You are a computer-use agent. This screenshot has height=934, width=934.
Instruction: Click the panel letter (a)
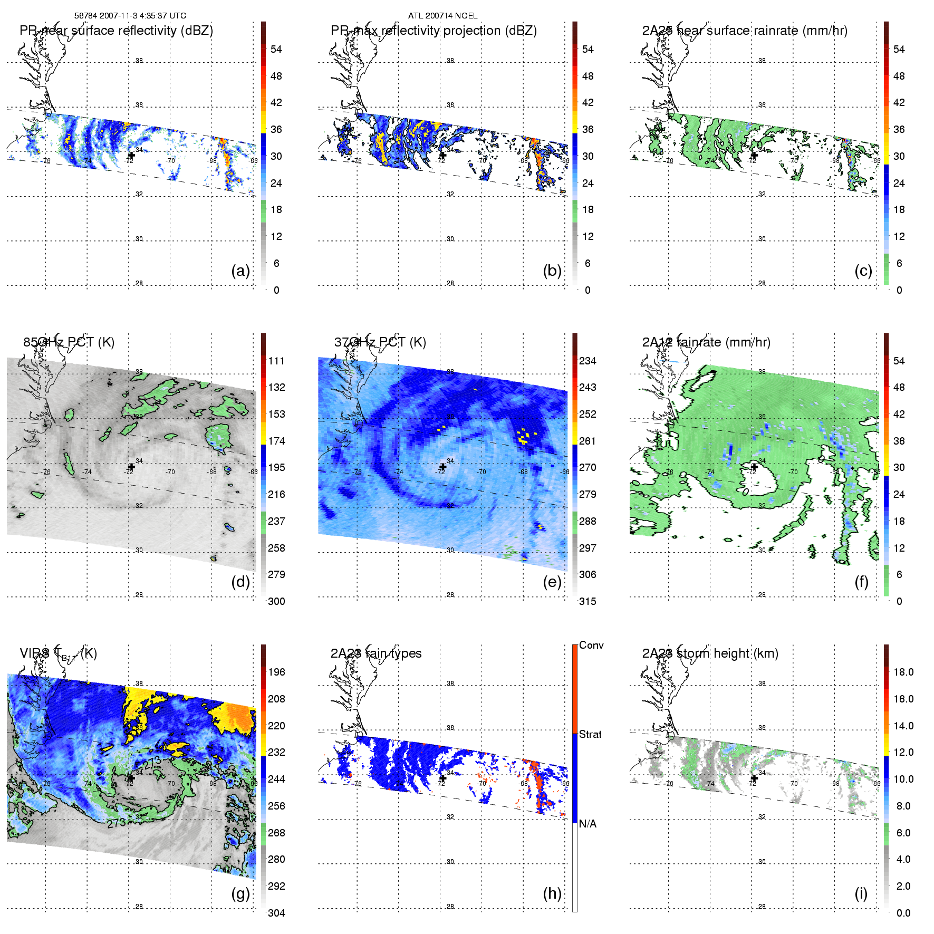point(240,271)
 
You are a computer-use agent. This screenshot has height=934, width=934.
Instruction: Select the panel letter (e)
point(552,582)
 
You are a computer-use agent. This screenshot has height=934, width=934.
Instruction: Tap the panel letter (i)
point(861,893)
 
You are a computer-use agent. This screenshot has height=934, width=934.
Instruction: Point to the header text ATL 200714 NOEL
point(442,16)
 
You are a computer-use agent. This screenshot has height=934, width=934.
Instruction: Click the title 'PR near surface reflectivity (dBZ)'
point(116,31)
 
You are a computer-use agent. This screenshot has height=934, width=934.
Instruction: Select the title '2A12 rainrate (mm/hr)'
point(706,342)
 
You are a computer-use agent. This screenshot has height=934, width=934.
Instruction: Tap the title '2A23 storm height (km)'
point(710,653)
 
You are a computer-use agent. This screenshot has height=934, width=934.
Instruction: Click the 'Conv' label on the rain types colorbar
point(591,645)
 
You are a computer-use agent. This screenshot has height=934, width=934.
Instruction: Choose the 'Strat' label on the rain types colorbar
point(590,734)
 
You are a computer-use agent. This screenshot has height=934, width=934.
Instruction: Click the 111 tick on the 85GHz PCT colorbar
point(276,361)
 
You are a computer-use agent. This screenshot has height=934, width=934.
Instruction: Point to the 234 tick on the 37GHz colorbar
point(588,361)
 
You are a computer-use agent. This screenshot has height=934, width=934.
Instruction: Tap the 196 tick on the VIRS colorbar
point(276,672)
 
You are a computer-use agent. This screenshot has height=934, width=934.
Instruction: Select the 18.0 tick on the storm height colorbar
point(903,672)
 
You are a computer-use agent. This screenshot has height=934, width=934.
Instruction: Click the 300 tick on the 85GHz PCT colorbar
point(276,601)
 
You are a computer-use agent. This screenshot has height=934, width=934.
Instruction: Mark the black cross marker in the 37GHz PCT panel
point(443,467)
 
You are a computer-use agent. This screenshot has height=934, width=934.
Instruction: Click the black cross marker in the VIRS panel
point(131,778)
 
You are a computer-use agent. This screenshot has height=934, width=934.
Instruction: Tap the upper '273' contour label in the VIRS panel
point(152,762)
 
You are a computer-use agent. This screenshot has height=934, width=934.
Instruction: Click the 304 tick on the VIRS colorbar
point(276,913)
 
